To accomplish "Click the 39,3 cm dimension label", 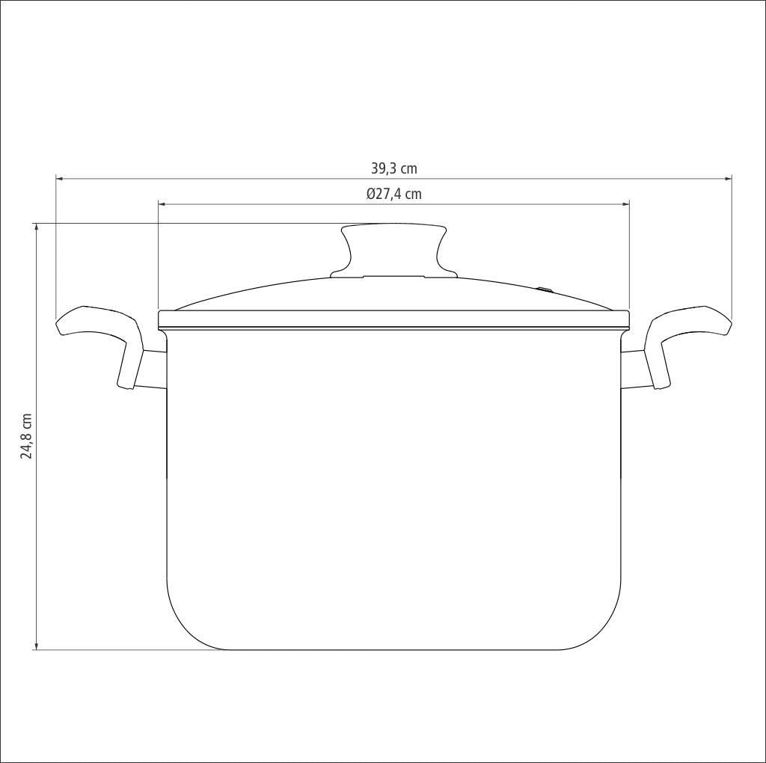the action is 394,168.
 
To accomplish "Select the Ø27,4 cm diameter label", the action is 394,194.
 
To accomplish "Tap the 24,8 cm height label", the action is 26,436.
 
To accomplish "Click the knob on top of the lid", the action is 393,251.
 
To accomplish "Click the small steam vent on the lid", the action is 545,289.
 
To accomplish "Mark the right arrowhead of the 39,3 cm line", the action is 728,179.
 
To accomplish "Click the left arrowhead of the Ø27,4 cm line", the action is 162,204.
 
